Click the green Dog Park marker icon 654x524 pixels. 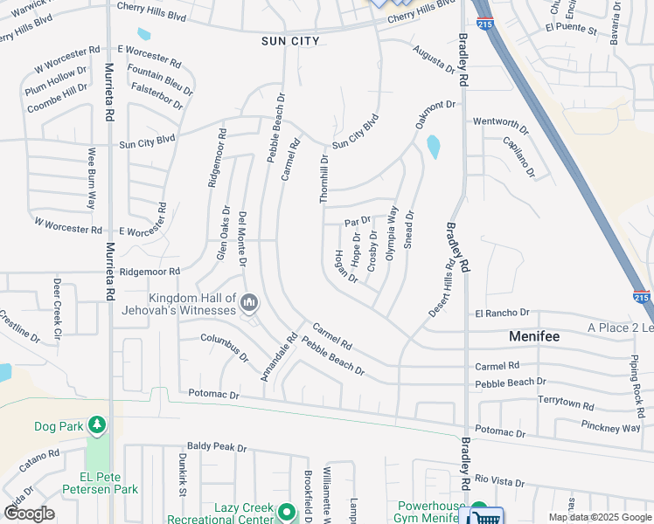coord(95,425)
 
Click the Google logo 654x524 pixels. coord(28,513)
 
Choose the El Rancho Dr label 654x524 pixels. coord(503,313)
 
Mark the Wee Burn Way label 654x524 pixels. coord(91,178)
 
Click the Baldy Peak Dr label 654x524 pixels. coord(217,447)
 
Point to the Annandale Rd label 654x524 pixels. coord(280,356)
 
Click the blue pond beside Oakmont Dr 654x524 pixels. coord(433,147)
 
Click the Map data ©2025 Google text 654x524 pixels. coord(600,517)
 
